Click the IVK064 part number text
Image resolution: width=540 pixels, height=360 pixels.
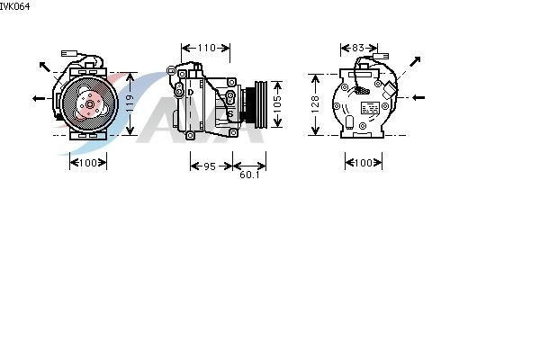pyautogui.click(x=14, y=6)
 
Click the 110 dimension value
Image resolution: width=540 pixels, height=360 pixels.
pyautogui.click(x=206, y=48)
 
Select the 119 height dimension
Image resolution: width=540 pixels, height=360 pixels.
pyautogui.click(x=129, y=103)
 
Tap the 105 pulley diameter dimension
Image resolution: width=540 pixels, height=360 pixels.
pyautogui.click(x=277, y=104)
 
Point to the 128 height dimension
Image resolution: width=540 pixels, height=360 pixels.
pyautogui.click(x=315, y=104)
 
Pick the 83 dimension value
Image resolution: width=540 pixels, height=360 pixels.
pyautogui.click(x=358, y=48)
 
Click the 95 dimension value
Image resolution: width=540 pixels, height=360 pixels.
pyautogui.click(x=210, y=166)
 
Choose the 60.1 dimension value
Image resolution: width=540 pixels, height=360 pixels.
pyautogui.click(x=249, y=175)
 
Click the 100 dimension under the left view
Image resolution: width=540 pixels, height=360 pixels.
pyautogui.click(x=88, y=163)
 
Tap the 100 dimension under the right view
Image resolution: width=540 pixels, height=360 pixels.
pyautogui.click(x=364, y=163)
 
